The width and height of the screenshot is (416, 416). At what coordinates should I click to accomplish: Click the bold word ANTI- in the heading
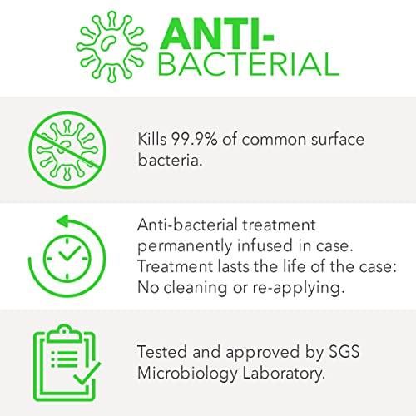216,34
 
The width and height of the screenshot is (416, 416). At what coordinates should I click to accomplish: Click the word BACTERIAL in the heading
249,65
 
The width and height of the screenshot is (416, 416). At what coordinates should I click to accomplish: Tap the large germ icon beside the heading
111,47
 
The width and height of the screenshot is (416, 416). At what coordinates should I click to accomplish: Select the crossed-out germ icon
67,151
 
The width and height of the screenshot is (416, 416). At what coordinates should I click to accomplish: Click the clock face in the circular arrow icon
67,258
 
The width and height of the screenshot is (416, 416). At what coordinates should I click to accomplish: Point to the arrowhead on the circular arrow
62,221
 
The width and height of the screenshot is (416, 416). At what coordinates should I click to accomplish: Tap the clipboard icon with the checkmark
67,363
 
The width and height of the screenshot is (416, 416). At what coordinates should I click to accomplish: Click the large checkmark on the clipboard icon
87,373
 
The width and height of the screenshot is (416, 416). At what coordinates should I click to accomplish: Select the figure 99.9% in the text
194,139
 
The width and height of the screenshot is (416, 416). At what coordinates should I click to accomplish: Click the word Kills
152,139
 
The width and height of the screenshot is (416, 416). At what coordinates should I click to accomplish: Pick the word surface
337,139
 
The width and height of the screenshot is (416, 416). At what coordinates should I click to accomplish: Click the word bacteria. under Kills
170,160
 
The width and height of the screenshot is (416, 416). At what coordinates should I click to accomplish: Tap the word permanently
185,246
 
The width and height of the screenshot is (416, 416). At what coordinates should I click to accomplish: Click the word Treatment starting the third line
175,266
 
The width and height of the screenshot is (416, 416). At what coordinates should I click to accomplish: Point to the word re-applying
299,288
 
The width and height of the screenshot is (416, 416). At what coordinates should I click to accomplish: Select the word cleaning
196,288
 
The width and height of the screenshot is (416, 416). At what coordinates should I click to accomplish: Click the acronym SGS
344,352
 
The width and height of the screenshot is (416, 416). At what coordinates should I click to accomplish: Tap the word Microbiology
187,374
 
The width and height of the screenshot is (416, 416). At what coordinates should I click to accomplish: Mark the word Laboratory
284,374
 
